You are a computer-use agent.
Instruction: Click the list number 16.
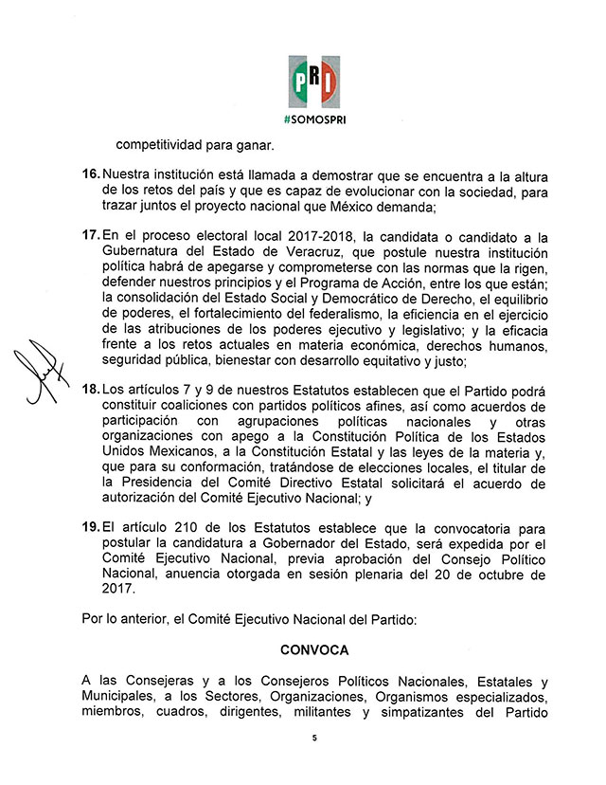tap(91, 175)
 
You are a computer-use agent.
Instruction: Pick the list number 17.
tap(91, 234)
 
